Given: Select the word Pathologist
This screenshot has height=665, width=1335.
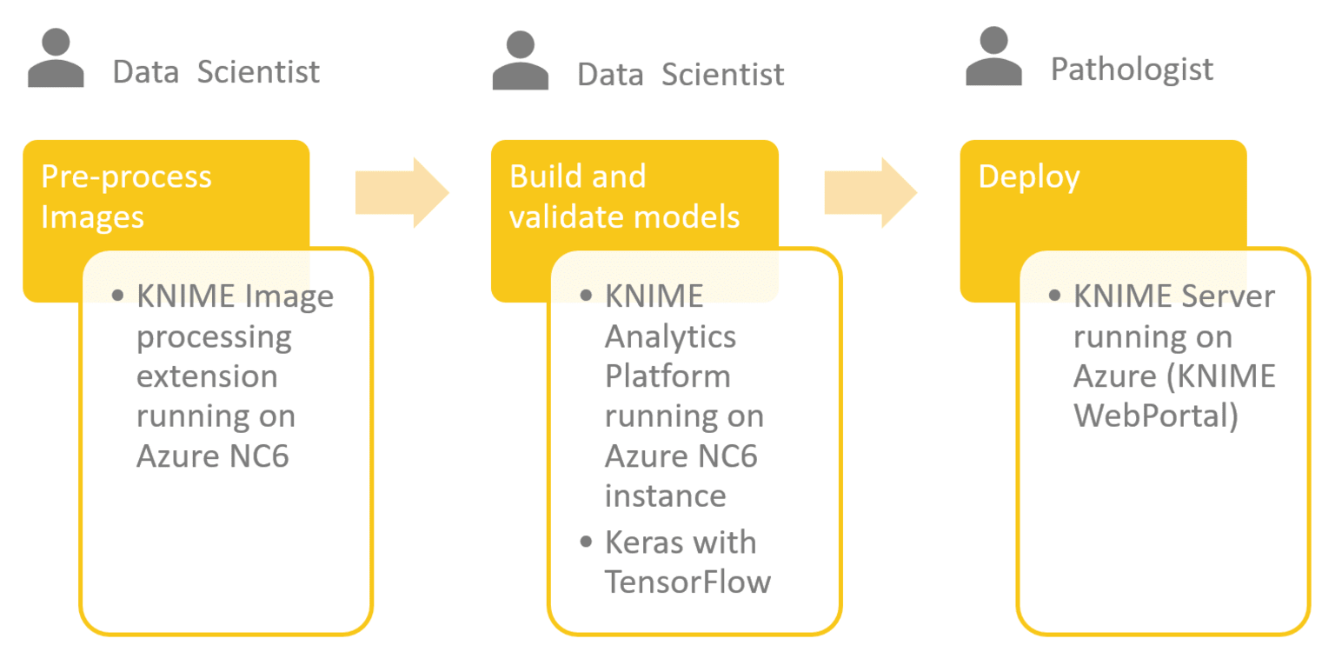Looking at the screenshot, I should [1132, 69].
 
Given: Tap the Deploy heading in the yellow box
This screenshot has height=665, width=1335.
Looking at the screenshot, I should [1029, 176].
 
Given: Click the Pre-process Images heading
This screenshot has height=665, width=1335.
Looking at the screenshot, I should [126, 196].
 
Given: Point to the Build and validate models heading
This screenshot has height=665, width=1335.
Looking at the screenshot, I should [624, 196].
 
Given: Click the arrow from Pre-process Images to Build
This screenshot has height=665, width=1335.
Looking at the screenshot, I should [401, 193].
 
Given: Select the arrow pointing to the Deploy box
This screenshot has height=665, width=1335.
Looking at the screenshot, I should [870, 193].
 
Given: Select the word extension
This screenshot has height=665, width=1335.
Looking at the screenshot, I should [207, 376].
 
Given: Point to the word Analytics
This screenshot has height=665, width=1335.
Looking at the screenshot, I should [670, 336].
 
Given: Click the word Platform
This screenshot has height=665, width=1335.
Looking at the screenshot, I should [667, 376].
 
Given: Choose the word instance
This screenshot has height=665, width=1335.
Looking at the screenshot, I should [665, 495].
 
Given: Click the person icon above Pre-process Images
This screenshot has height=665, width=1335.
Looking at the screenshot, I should [56, 59].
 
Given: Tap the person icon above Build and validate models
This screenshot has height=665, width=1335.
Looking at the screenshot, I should [520, 61].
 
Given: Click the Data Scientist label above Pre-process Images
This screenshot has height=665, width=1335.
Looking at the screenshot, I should [216, 71].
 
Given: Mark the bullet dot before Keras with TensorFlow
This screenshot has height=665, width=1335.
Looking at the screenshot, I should [587, 543].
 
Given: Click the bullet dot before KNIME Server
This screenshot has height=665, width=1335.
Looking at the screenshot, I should [1054, 296].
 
